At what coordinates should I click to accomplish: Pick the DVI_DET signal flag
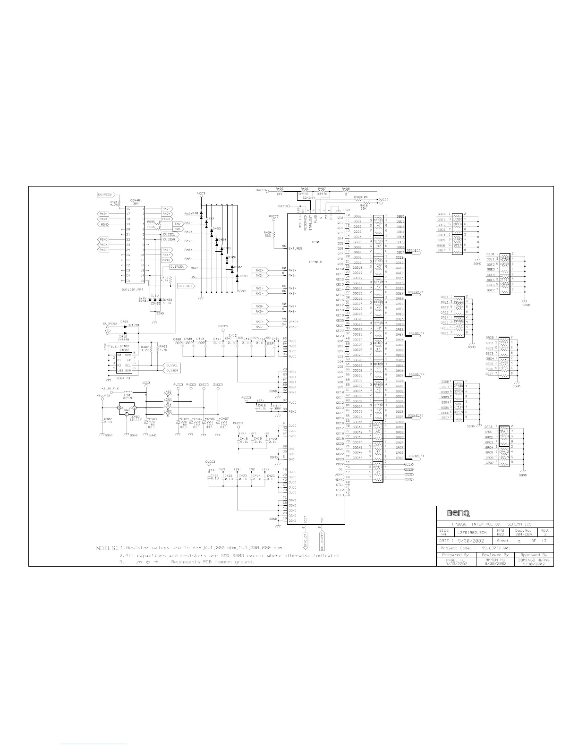(185, 286)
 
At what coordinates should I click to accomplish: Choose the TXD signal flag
(178, 223)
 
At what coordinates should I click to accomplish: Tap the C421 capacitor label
(214, 476)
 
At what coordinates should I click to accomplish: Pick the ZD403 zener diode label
(168, 300)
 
